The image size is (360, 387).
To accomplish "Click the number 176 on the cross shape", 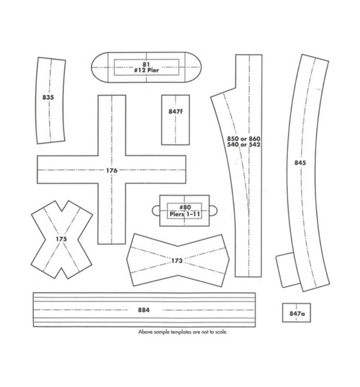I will (112, 170).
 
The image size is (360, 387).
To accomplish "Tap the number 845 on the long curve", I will (300, 163).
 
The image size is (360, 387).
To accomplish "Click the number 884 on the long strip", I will (143, 309).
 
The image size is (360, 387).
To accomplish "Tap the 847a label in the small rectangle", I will (294, 314).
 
